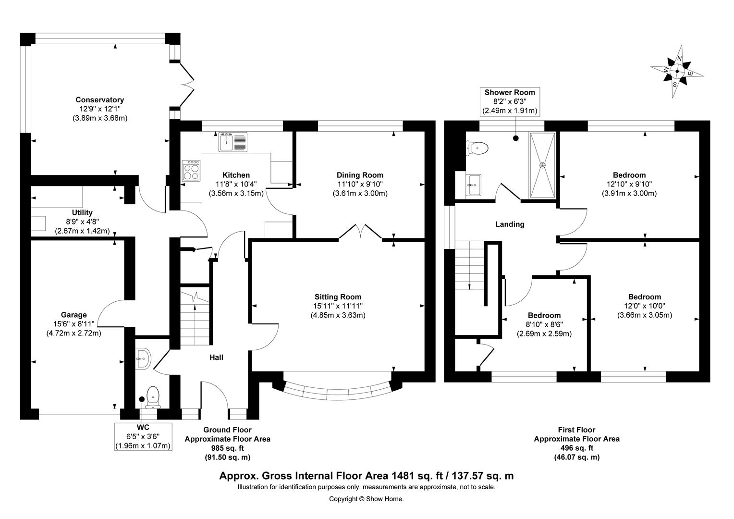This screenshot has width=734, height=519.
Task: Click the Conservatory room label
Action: [99, 99]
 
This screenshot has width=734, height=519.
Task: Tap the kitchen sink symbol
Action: [233, 142]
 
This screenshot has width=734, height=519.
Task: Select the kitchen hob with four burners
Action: [191, 171]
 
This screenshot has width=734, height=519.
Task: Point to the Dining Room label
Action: [360, 175]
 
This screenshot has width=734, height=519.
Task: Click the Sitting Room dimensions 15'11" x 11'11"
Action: [338, 306]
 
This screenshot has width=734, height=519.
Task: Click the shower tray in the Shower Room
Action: [543, 165]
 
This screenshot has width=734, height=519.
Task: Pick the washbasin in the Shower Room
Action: [473, 185]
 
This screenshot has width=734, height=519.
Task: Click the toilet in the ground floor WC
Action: [153, 397]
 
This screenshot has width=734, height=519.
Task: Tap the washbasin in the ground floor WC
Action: [143, 358]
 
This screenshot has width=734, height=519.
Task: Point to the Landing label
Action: [510, 224]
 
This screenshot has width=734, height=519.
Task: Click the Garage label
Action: [73, 315]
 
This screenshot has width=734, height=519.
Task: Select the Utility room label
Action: [82, 212]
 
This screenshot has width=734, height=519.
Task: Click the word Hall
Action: [216, 358]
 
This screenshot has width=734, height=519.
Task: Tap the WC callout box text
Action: [143, 436]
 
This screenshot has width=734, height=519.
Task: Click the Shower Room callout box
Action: [510, 101]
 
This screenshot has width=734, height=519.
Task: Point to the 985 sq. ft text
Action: [227, 448]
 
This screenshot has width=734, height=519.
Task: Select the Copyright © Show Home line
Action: [367, 499]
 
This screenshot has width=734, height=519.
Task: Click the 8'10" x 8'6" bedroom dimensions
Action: [544, 324]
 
